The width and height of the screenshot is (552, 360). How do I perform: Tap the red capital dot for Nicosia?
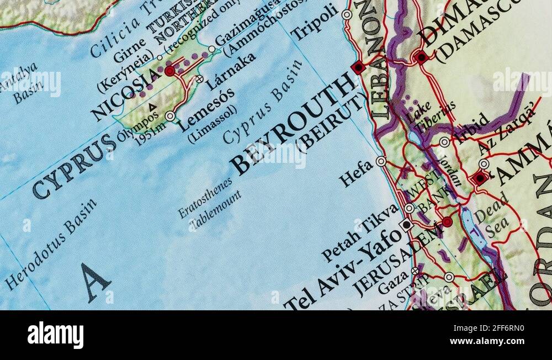[x=169, y=71]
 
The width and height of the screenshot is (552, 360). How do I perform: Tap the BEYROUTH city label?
[x=293, y=124]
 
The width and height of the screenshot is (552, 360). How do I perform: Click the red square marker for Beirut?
[x=358, y=68]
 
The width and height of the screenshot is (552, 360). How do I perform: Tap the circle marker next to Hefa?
[x=381, y=161]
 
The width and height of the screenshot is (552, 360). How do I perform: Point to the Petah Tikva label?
[x=360, y=232]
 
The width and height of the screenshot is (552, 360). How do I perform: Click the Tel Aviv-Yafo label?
[x=342, y=269]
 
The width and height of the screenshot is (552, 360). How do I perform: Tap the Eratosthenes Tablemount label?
[x=210, y=207]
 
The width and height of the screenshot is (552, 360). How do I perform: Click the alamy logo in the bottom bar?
[x=55, y=335]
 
